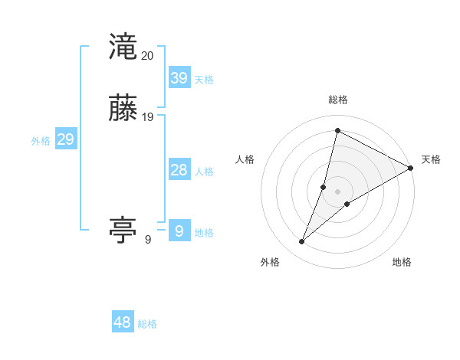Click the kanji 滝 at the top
click(x=123, y=47)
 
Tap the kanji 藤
click(x=123, y=109)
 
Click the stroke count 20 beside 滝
click(x=148, y=56)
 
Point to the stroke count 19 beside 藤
click(x=148, y=117)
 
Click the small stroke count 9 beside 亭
click(x=148, y=240)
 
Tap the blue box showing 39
click(x=179, y=77)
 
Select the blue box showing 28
click(x=179, y=170)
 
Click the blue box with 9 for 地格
click(x=179, y=231)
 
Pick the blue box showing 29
click(x=65, y=139)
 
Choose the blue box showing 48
click(x=123, y=322)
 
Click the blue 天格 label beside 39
click(x=204, y=80)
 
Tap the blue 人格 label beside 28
click(x=204, y=172)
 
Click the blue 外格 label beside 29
click(x=40, y=141)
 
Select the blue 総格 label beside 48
click(x=147, y=324)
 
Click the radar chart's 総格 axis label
click(x=337, y=100)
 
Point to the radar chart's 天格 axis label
click(x=431, y=159)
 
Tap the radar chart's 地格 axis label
click(x=402, y=262)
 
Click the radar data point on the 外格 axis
click(x=301, y=242)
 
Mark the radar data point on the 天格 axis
click(x=411, y=168)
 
